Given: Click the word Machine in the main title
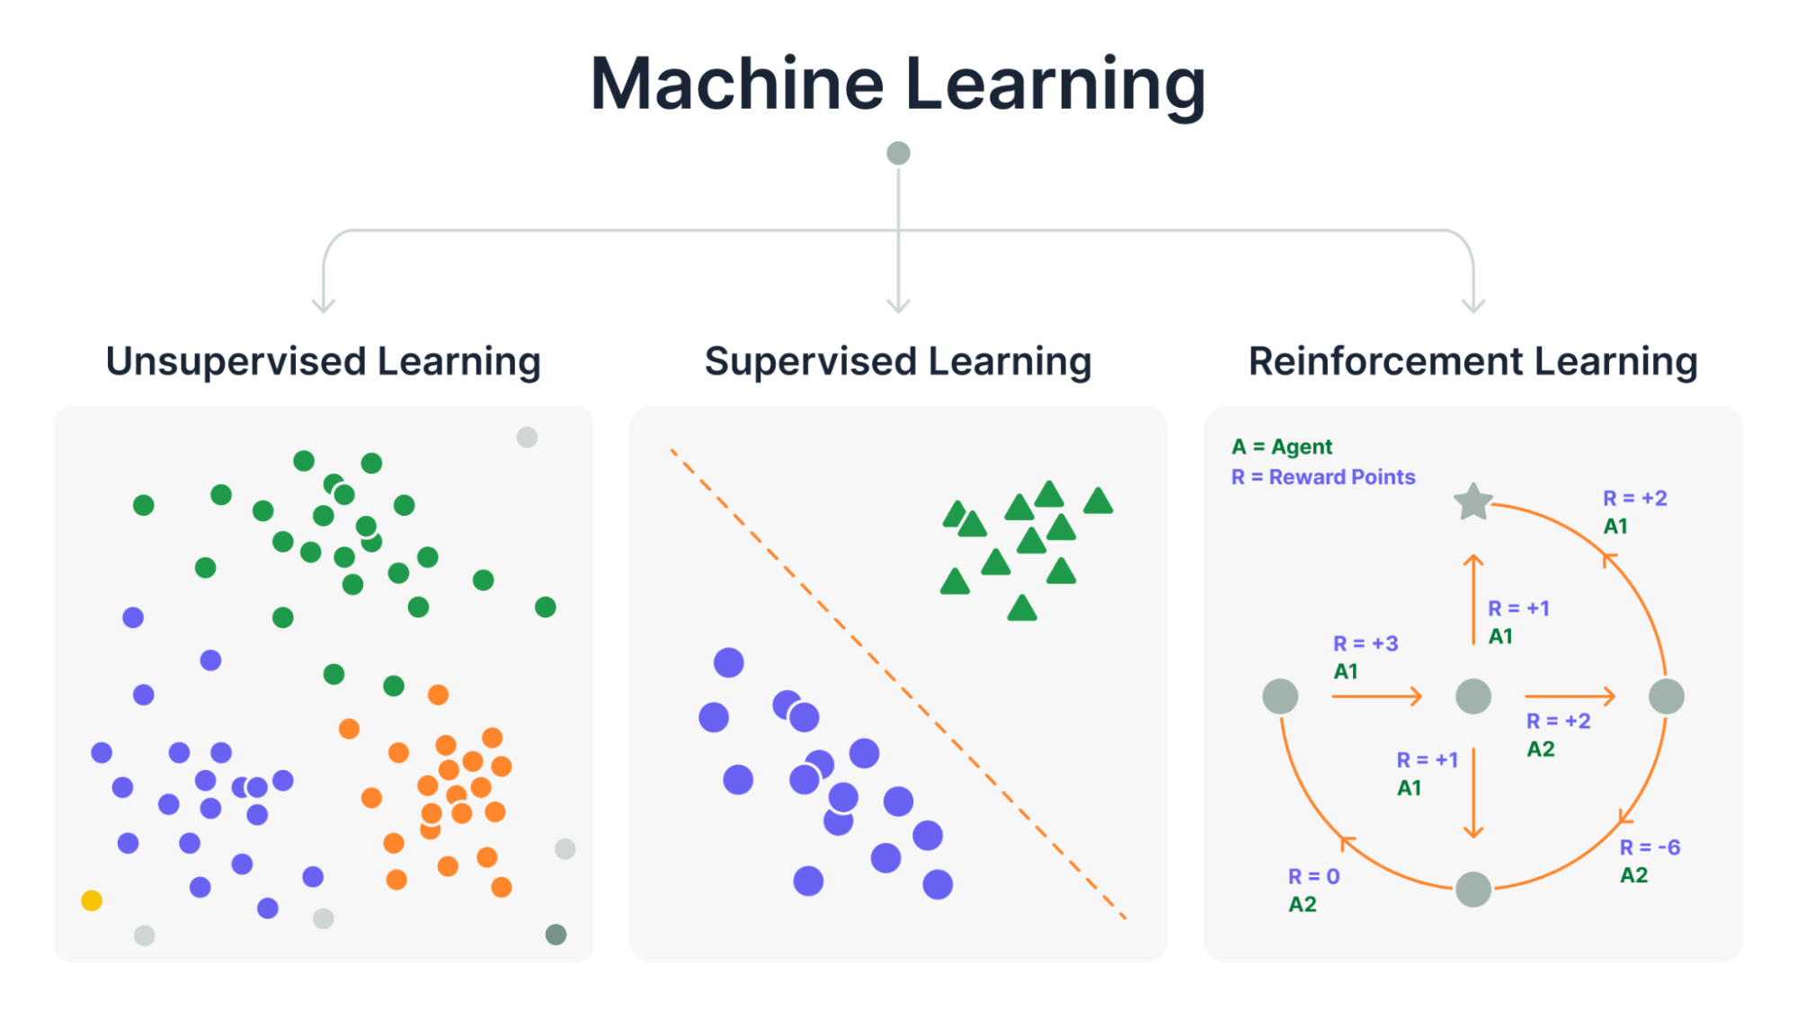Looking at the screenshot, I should pyautogui.click(x=737, y=84).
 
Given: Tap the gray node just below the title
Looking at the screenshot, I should pyautogui.click(x=898, y=153).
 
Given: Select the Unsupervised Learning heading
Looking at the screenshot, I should pyautogui.click(x=324, y=361).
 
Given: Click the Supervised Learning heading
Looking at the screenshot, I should pyautogui.click(x=898, y=361).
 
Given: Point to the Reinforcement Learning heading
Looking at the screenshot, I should pyautogui.click(x=1472, y=361).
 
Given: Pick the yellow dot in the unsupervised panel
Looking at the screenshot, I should pyautogui.click(x=92, y=900).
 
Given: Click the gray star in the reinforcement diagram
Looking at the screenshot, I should pyautogui.click(x=1473, y=502).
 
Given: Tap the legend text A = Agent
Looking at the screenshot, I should pyautogui.click(x=1282, y=447).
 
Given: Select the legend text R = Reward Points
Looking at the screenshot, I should pyautogui.click(x=1323, y=477).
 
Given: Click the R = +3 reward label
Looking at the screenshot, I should pyautogui.click(x=1366, y=643).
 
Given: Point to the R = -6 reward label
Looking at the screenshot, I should pyautogui.click(x=1650, y=847).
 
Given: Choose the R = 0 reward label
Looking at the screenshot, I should pyautogui.click(x=1313, y=876).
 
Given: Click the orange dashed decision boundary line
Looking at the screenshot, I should pyautogui.click(x=898, y=685).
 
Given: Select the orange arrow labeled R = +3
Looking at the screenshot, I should pyautogui.click(x=1376, y=696).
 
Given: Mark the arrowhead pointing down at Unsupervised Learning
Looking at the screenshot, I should pyautogui.click(x=324, y=306).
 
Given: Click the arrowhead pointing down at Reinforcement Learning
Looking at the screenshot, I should pyautogui.click(x=1473, y=306).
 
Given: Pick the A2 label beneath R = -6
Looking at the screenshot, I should pyautogui.click(x=1634, y=875).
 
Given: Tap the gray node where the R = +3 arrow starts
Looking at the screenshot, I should pyautogui.click(x=1280, y=696).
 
